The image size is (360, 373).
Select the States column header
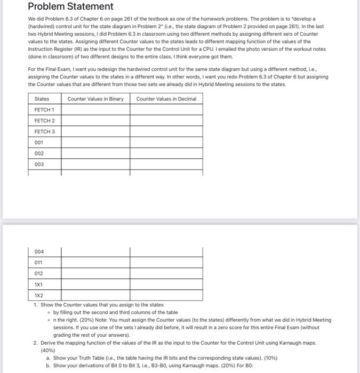click(42, 99)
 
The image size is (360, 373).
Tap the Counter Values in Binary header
click(95, 99)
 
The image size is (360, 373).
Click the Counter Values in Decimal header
click(166, 99)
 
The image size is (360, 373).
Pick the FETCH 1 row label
click(44, 110)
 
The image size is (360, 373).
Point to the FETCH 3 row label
click(44, 132)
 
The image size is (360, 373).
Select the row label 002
click(39, 153)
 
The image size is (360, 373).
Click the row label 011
click(39, 262)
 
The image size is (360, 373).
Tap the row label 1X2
click(39, 295)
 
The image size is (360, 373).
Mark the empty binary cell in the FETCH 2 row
click(95, 120)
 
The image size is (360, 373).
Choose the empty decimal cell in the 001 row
click(166, 142)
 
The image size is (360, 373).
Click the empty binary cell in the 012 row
click(95, 273)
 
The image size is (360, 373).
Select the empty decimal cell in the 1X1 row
click(166, 284)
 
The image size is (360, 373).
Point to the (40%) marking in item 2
click(48, 351)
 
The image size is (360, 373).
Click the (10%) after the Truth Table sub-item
click(269, 358)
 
